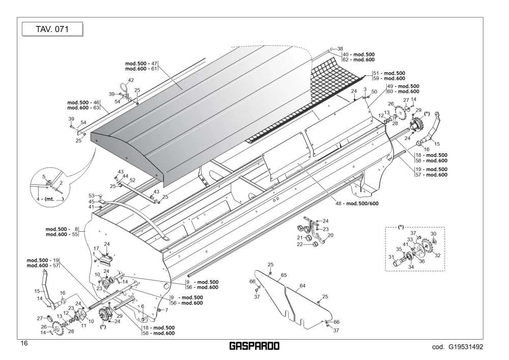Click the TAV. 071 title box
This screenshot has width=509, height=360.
pyautogui.click(x=52, y=29)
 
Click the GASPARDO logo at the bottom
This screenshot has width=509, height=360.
pyautogui.click(x=254, y=346)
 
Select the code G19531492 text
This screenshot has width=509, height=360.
pyautogui.click(x=458, y=347)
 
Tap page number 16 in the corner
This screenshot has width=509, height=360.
pyautogui.click(x=24, y=343)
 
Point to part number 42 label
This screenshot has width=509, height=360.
pyautogui.click(x=131, y=80)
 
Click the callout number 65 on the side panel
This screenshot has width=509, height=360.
pyautogui.click(x=284, y=275)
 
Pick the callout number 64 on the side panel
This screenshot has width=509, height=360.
pyautogui.click(x=302, y=286)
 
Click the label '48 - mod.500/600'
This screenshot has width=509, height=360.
pyautogui.click(x=357, y=204)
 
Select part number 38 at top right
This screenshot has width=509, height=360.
pyautogui.click(x=340, y=49)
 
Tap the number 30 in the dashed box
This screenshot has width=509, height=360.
pyautogui.click(x=433, y=234)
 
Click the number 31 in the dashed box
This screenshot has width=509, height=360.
pyautogui.click(x=391, y=257)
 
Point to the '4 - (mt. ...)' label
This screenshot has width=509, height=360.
pyautogui.click(x=50, y=199)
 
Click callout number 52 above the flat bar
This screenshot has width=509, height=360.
pyautogui.click(x=132, y=180)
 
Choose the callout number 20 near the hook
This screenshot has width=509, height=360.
pyautogui.click(x=330, y=235)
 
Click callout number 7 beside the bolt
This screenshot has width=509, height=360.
pyautogui.click(x=166, y=310)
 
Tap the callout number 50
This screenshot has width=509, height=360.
pyautogui.click(x=374, y=92)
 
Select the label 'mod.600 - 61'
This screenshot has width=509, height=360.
pyautogui.click(x=141, y=69)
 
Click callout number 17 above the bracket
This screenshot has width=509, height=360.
pyautogui.click(x=96, y=248)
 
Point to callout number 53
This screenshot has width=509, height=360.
pyautogui.click(x=92, y=196)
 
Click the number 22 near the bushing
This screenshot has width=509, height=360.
pyautogui.click(x=300, y=244)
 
